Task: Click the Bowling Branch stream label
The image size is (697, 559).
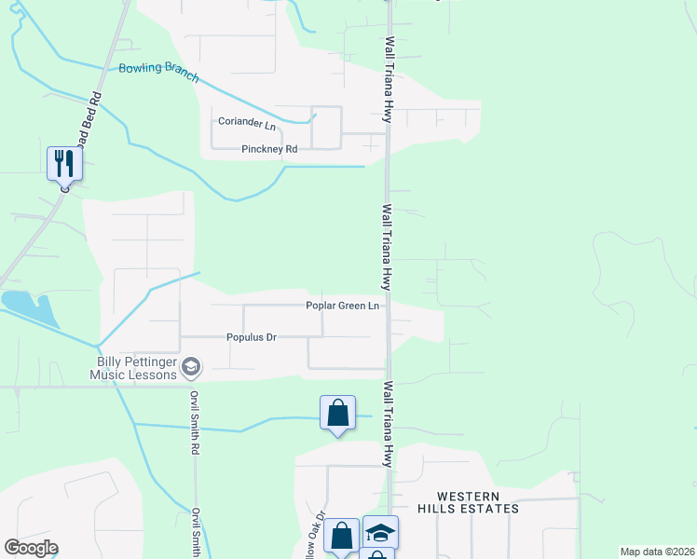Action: click(158, 71)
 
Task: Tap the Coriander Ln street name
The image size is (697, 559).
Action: click(247, 123)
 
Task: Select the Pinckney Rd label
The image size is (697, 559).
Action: click(268, 149)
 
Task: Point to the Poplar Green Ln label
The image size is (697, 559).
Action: click(343, 306)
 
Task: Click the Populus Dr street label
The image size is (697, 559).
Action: click(252, 337)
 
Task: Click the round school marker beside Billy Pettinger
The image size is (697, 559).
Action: click(191, 366)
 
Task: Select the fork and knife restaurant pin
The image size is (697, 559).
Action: click(64, 163)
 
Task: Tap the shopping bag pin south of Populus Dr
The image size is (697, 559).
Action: click(337, 413)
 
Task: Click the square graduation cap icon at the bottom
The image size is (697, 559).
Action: click(380, 531)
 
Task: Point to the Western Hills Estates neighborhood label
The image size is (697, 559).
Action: click(471, 502)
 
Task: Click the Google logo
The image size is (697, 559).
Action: click(31, 548)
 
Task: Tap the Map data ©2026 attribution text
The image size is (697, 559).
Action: click(657, 552)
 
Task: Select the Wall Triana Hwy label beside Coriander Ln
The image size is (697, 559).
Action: click(386, 80)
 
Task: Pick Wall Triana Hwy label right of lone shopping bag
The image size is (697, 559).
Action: click(387, 424)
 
